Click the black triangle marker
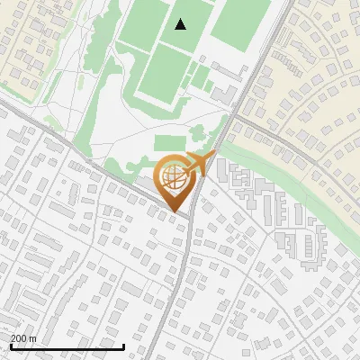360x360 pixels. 181,24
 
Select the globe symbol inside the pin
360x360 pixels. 175,180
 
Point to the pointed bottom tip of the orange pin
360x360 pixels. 175,213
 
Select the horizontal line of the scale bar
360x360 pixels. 67,346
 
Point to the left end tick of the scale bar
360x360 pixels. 11,346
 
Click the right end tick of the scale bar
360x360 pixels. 124,346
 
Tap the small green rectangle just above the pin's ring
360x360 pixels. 169,142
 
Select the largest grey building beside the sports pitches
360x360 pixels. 224,94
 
